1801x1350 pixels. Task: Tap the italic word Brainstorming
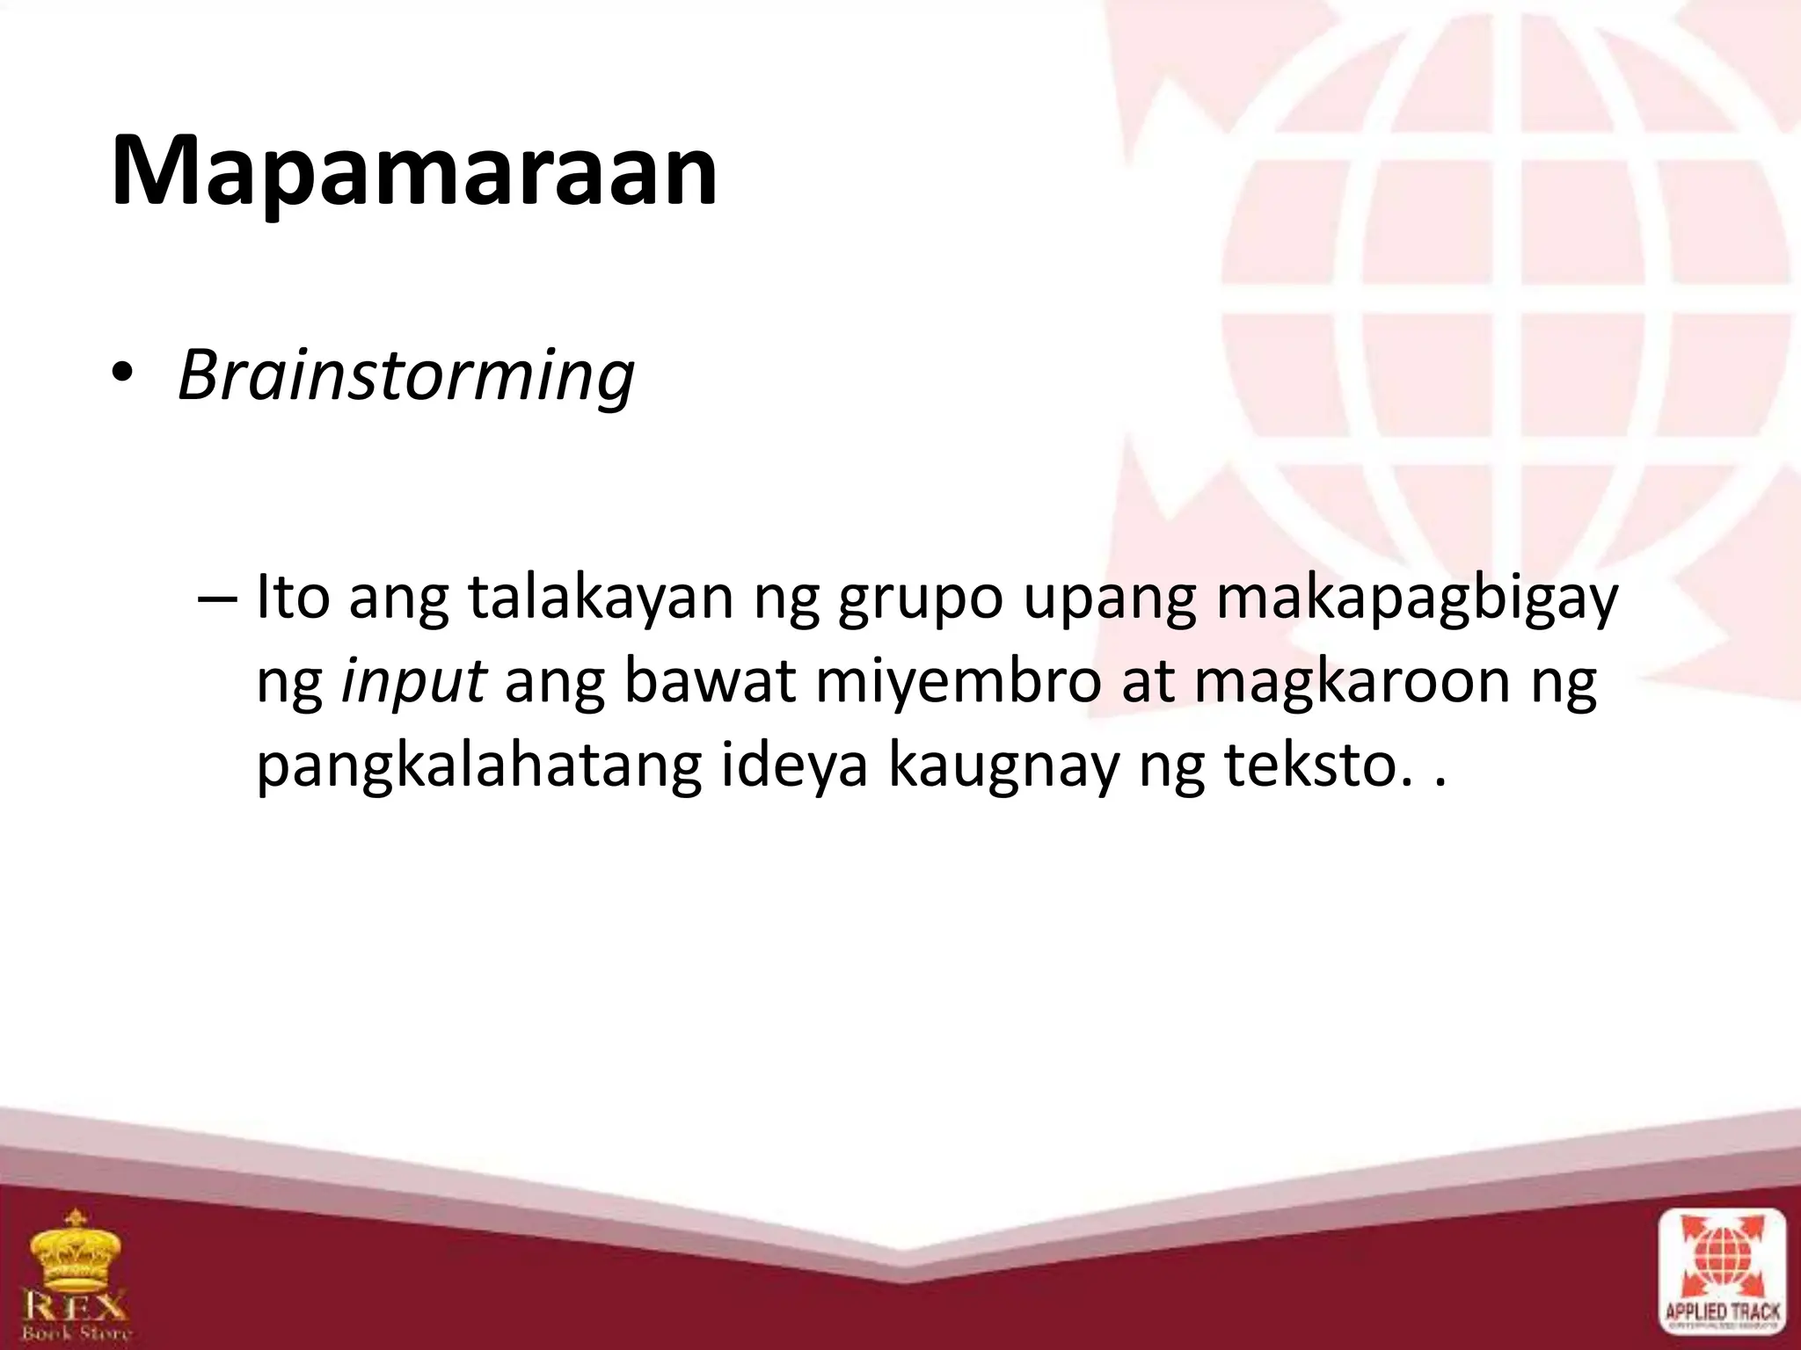point(405,376)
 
